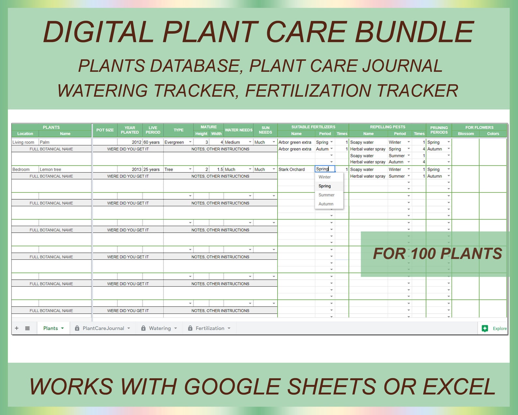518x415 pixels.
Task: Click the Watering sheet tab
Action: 160,328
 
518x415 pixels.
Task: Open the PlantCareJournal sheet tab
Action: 103,328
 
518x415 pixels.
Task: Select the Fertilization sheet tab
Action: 210,328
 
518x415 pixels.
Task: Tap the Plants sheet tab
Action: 51,328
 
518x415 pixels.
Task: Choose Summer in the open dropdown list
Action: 327,195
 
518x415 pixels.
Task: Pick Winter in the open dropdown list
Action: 325,177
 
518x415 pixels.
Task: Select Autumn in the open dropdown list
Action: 326,204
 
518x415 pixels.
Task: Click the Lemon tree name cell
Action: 51,169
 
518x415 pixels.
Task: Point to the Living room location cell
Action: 23,142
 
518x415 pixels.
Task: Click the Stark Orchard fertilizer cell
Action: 292,169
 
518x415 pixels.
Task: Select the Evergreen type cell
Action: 175,142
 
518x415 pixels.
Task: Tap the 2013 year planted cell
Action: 136,169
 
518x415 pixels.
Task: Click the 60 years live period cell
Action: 152,142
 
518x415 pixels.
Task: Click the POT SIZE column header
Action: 105,130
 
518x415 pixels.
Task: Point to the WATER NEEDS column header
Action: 238,130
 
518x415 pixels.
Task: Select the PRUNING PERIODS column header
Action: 439,130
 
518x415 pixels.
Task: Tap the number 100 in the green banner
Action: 424,254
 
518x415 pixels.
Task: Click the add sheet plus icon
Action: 17,328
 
